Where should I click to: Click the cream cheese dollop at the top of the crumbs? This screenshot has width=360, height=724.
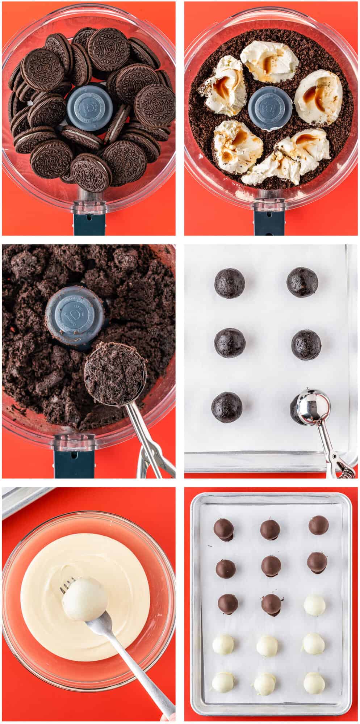coord(269,60)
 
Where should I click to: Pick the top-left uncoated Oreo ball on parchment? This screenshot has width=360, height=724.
coord(229,283)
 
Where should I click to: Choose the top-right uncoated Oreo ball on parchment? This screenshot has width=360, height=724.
coord(302,282)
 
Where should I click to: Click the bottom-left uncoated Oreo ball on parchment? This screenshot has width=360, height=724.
coord(227,407)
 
